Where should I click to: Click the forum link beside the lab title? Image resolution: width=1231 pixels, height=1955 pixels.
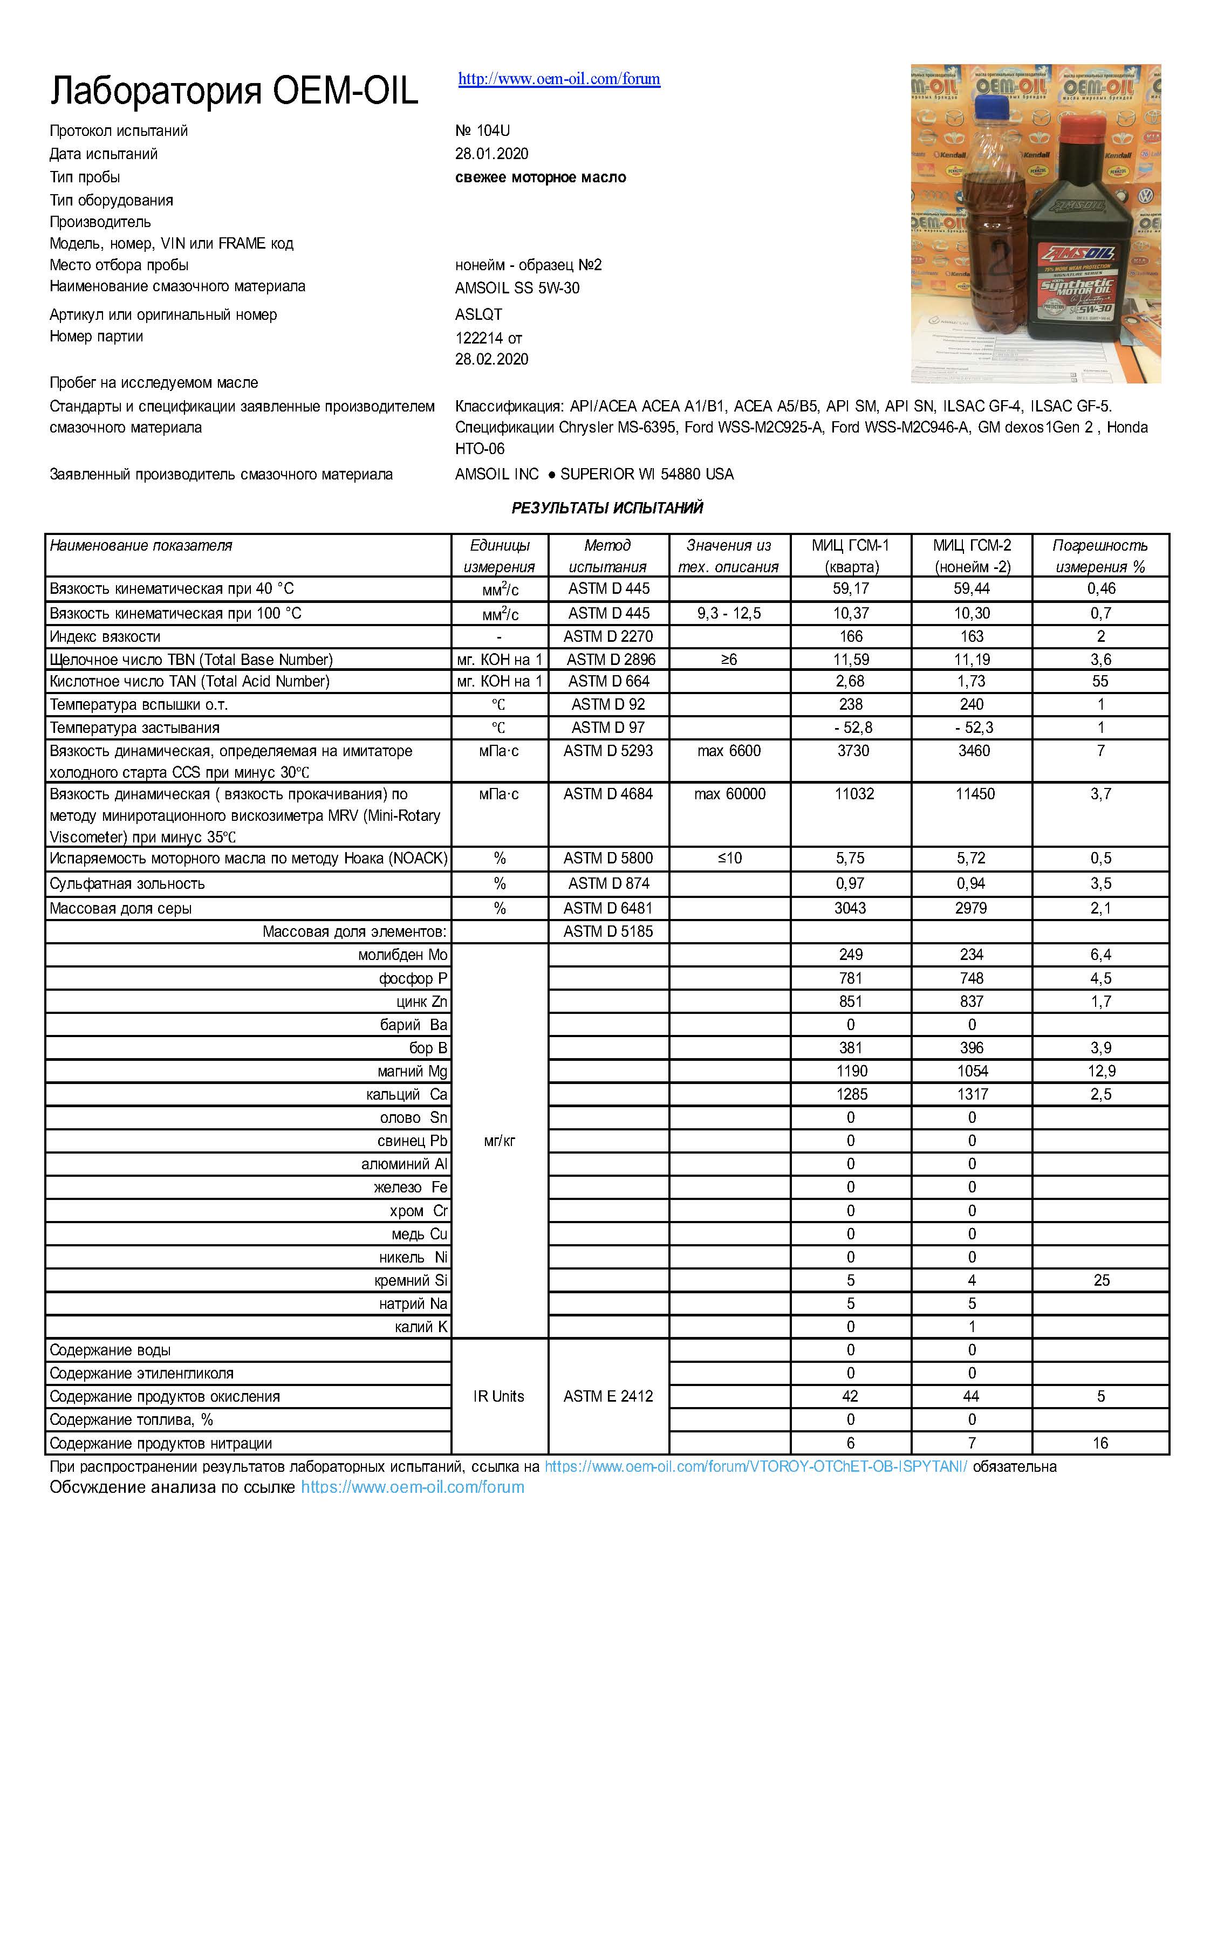tap(559, 79)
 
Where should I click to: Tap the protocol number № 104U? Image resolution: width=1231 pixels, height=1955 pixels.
tap(482, 131)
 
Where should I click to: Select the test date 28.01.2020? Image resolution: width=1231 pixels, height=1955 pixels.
tap(491, 154)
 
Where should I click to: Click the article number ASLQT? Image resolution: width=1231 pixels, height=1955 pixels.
tap(478, 314)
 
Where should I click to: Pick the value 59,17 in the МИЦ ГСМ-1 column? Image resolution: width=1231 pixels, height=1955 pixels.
tap(850, 588)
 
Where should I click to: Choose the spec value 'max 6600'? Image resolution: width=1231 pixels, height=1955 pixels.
tap(728, 751)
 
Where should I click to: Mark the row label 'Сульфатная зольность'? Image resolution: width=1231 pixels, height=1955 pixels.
tap(127, 883)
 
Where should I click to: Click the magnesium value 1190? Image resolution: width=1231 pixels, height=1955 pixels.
tap(851, 1071)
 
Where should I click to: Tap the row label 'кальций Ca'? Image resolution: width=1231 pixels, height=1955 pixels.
tap(406, 1094)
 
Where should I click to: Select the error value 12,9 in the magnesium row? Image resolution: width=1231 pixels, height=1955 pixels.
tap(1101, 1071)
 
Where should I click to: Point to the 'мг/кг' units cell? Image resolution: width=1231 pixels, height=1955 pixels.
tap(500, 1141)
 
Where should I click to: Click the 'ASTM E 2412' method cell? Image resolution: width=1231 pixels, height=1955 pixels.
tap(608, 1396)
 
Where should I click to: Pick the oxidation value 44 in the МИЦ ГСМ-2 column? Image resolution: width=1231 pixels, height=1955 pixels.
tap(971, 1396)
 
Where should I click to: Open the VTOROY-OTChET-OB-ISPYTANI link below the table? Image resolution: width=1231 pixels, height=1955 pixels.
tap(755, 1466)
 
